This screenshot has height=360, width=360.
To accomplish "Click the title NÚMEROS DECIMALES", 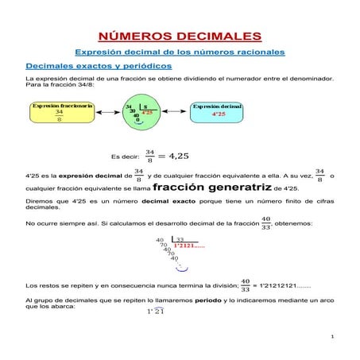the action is tap(180, 37).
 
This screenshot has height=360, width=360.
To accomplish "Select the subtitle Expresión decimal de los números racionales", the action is tap(180, 52).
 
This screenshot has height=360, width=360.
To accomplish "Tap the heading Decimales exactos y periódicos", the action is tap(94, 65).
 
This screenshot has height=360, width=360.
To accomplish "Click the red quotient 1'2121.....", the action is tap(190, 246).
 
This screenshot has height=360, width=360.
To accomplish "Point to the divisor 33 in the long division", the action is tap(180, 239).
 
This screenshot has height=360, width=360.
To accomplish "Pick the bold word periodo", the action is tap(209, 300).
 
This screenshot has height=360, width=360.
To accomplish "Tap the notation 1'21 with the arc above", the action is tap(155, 312).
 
